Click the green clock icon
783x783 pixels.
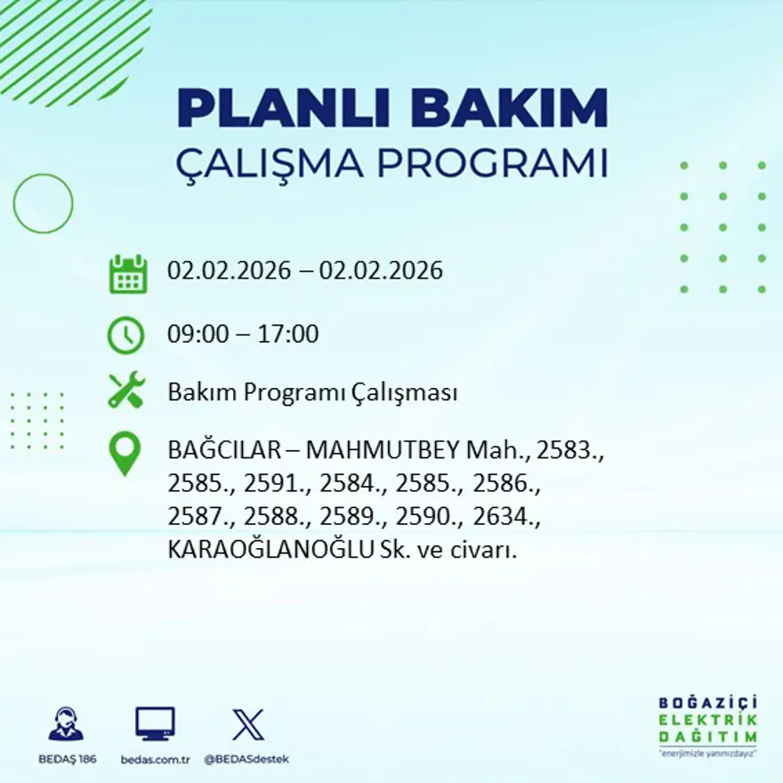tap(125, 335)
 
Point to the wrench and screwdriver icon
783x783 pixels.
tap(125, 391)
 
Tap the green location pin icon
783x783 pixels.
tap(125, 453)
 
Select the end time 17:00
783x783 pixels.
tap(288, 335)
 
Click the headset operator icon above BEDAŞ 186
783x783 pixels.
tap(66, 724)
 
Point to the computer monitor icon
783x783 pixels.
tap(155, 724)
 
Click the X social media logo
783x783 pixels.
tap(247, 724)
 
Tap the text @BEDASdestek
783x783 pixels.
tap(246, 759)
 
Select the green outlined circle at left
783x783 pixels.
tap(43, 204)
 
